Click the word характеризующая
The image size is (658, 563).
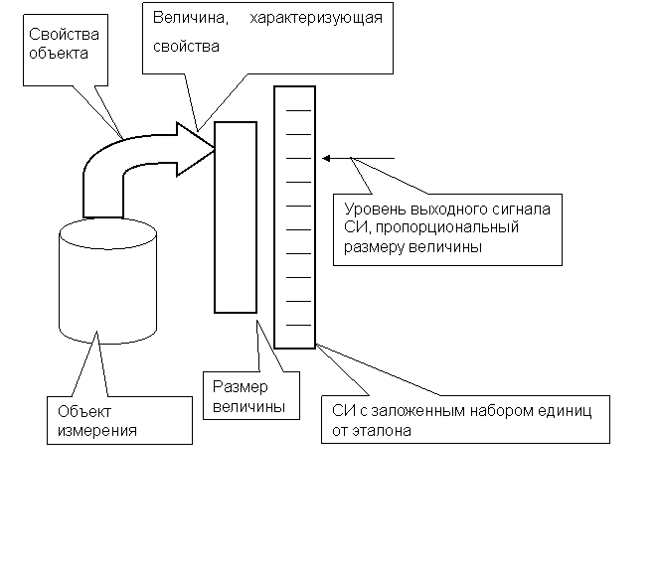(x=316, y=19)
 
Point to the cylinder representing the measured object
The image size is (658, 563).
(x=108, y=288)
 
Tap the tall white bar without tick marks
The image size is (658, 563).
(x=236, y=216)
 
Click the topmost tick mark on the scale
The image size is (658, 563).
(x=298, y=109)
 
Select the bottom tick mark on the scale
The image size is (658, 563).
(x=298, y=325)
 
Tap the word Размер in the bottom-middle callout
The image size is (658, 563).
(x=235, y=388)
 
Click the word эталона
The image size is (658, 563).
(x=381, y=431)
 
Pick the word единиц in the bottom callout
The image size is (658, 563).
(x=567, y=412)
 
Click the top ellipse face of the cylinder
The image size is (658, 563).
(x=108, y=239)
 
